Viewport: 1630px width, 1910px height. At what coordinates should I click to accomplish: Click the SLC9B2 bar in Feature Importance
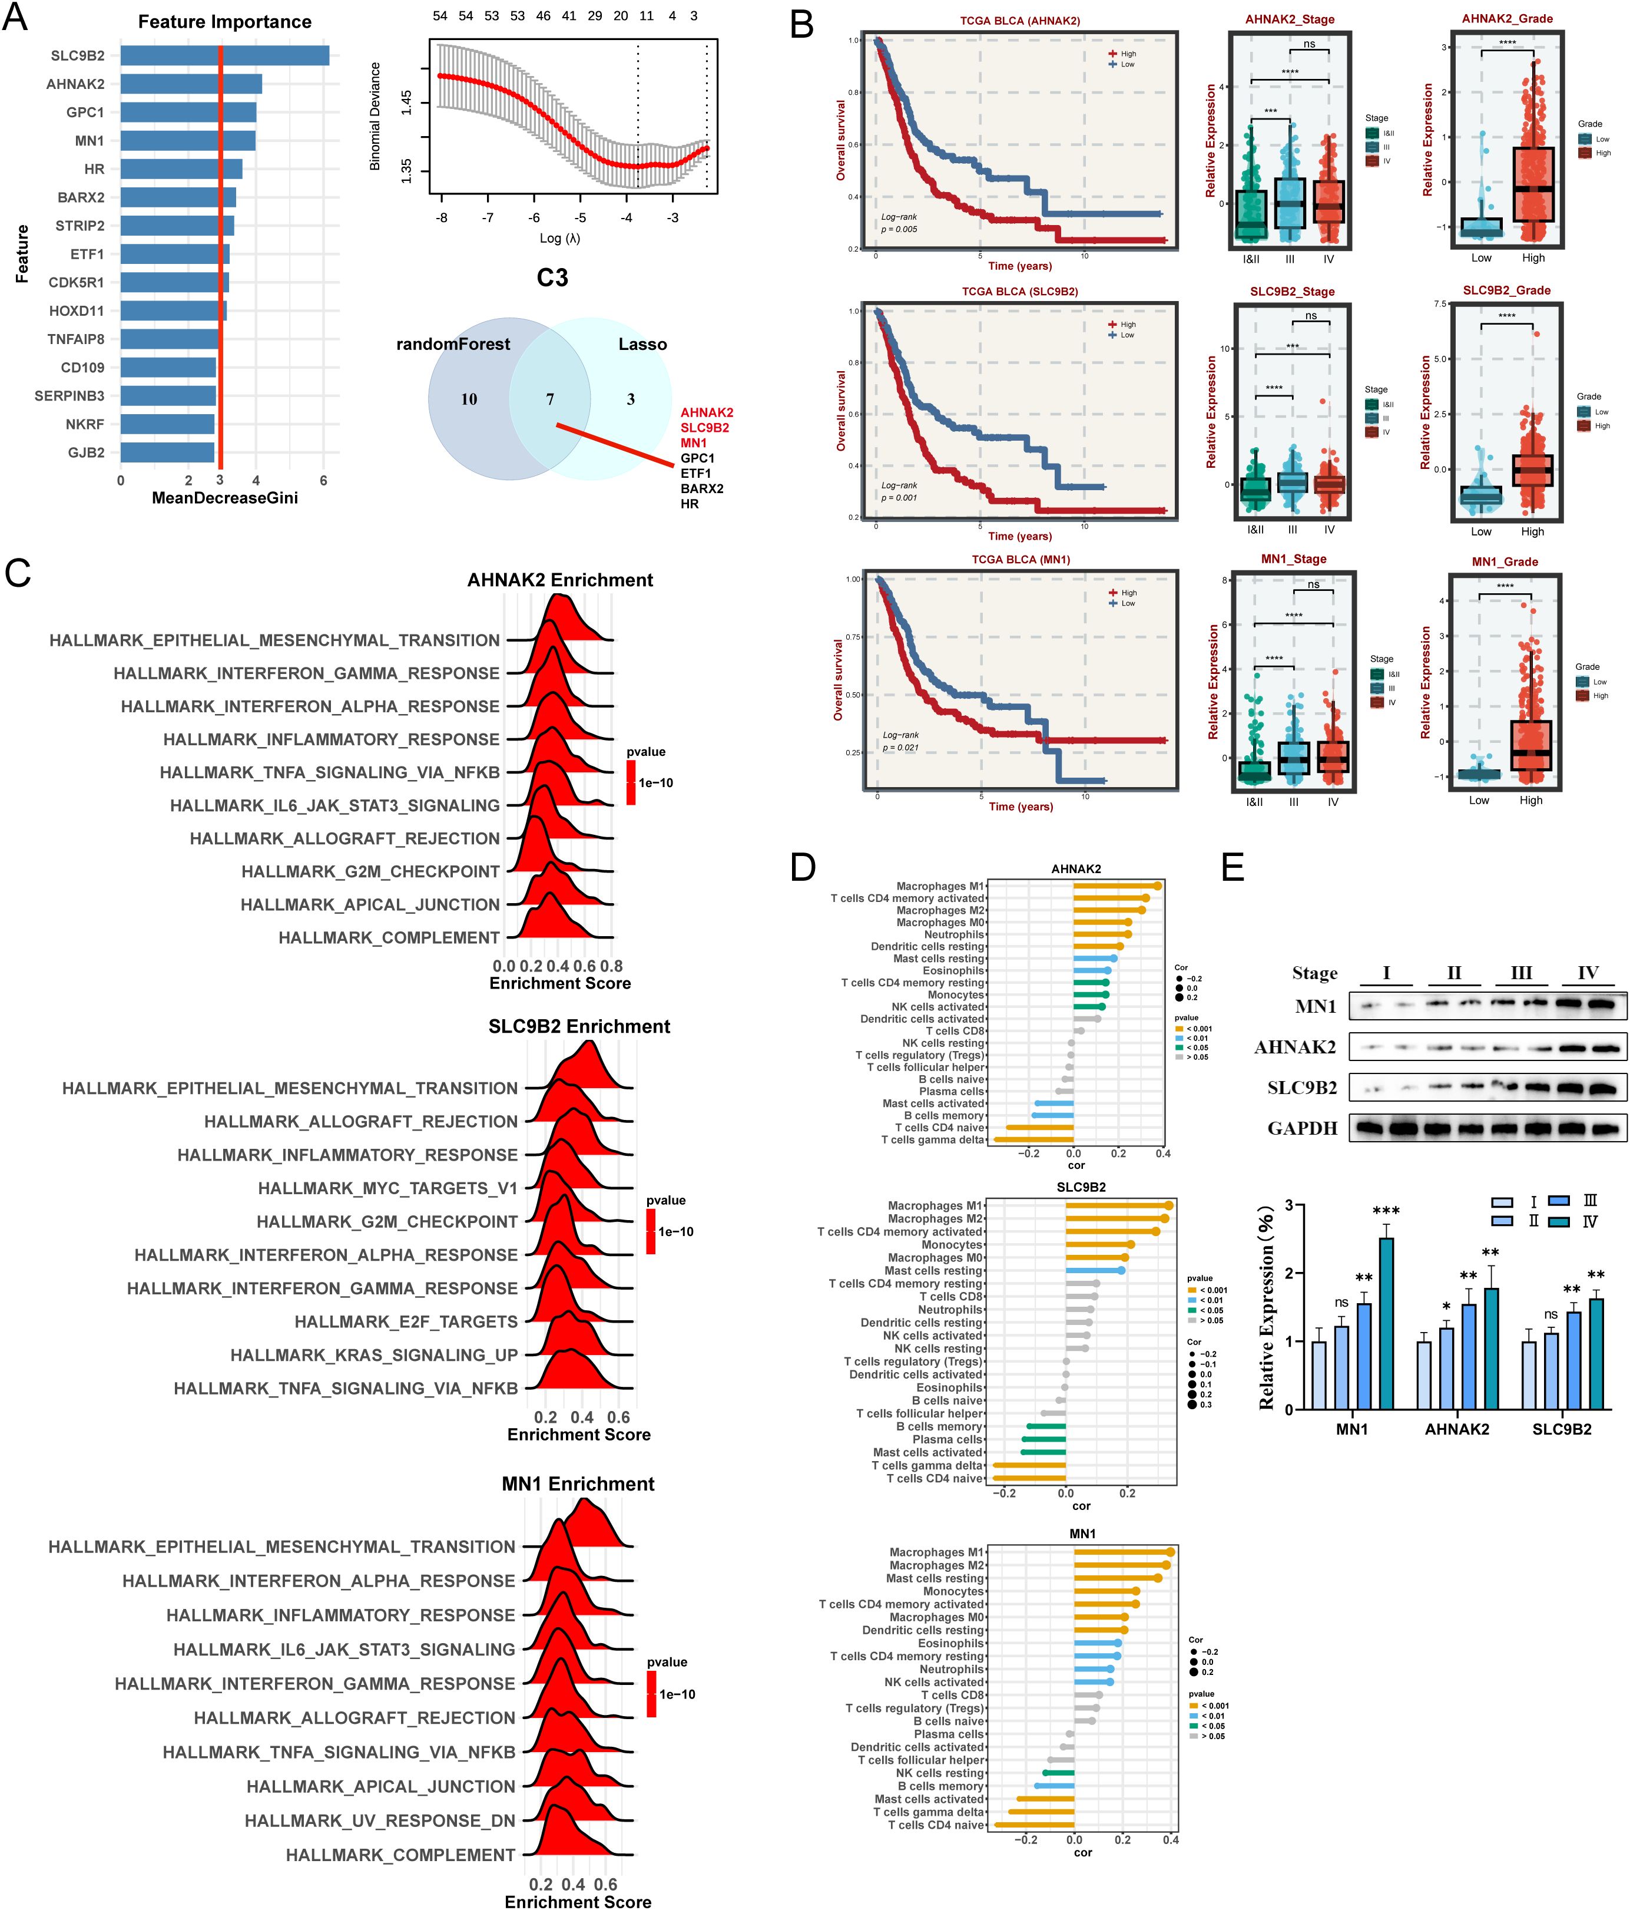click(x=225, y=55)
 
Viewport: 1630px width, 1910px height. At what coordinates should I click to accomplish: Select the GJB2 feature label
click(x=86, y=452)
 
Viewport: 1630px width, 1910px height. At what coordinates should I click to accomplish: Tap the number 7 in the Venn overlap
click(x=550, y=399)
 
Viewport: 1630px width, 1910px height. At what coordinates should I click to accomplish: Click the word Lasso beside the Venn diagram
click(x=642, y=344)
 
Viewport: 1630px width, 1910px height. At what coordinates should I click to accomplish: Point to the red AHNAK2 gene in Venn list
click(x=707, y=412)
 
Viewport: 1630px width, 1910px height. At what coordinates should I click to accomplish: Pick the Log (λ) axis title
click(x=559, y=238)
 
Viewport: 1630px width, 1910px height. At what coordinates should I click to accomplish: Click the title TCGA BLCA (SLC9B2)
click(x=1019, y=291)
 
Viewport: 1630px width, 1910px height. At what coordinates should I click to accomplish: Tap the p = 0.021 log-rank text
click(x=900, y=748)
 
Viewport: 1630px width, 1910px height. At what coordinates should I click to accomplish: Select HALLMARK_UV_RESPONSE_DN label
click(x=380, y=1820)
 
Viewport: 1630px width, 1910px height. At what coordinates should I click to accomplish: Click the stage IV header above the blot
click(x=1588, y=973)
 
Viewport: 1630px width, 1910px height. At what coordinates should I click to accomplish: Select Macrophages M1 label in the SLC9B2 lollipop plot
click(x=935, y=1206)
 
